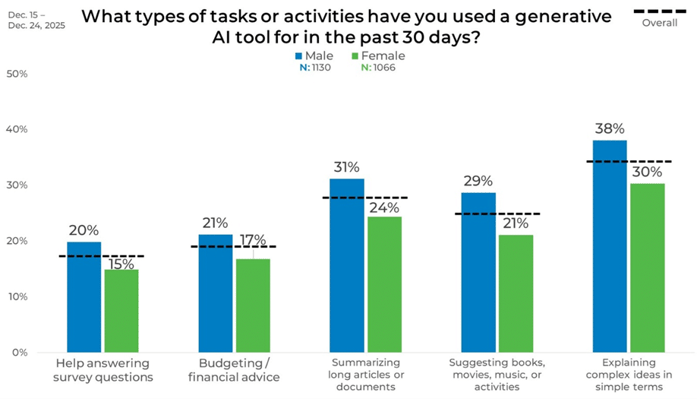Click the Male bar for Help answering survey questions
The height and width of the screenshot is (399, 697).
tap(84, 297)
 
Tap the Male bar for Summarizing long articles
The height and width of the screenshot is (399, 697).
tap(347, 265)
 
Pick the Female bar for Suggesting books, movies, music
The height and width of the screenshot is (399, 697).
tap(516, 293)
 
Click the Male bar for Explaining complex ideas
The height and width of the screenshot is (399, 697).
tap(609, 246)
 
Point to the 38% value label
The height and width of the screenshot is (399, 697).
tap(609, 129)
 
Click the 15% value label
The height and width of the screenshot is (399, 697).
tap(121, 264)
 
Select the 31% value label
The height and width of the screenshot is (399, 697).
tap(346, 167)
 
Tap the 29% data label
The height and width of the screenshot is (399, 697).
tap(478, 181)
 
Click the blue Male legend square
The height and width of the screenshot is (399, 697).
tap(299, 56)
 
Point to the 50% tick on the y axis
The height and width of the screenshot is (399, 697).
tap(17, 74)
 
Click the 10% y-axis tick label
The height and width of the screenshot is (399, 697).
tap(17, 296)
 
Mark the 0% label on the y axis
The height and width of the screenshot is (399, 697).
tap(19, 352)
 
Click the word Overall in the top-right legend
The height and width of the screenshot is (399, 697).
tap(659, 23)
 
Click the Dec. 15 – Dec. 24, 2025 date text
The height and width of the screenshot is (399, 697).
tap(36, 20)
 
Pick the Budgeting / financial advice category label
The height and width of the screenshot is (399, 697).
tap(233, 370)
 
